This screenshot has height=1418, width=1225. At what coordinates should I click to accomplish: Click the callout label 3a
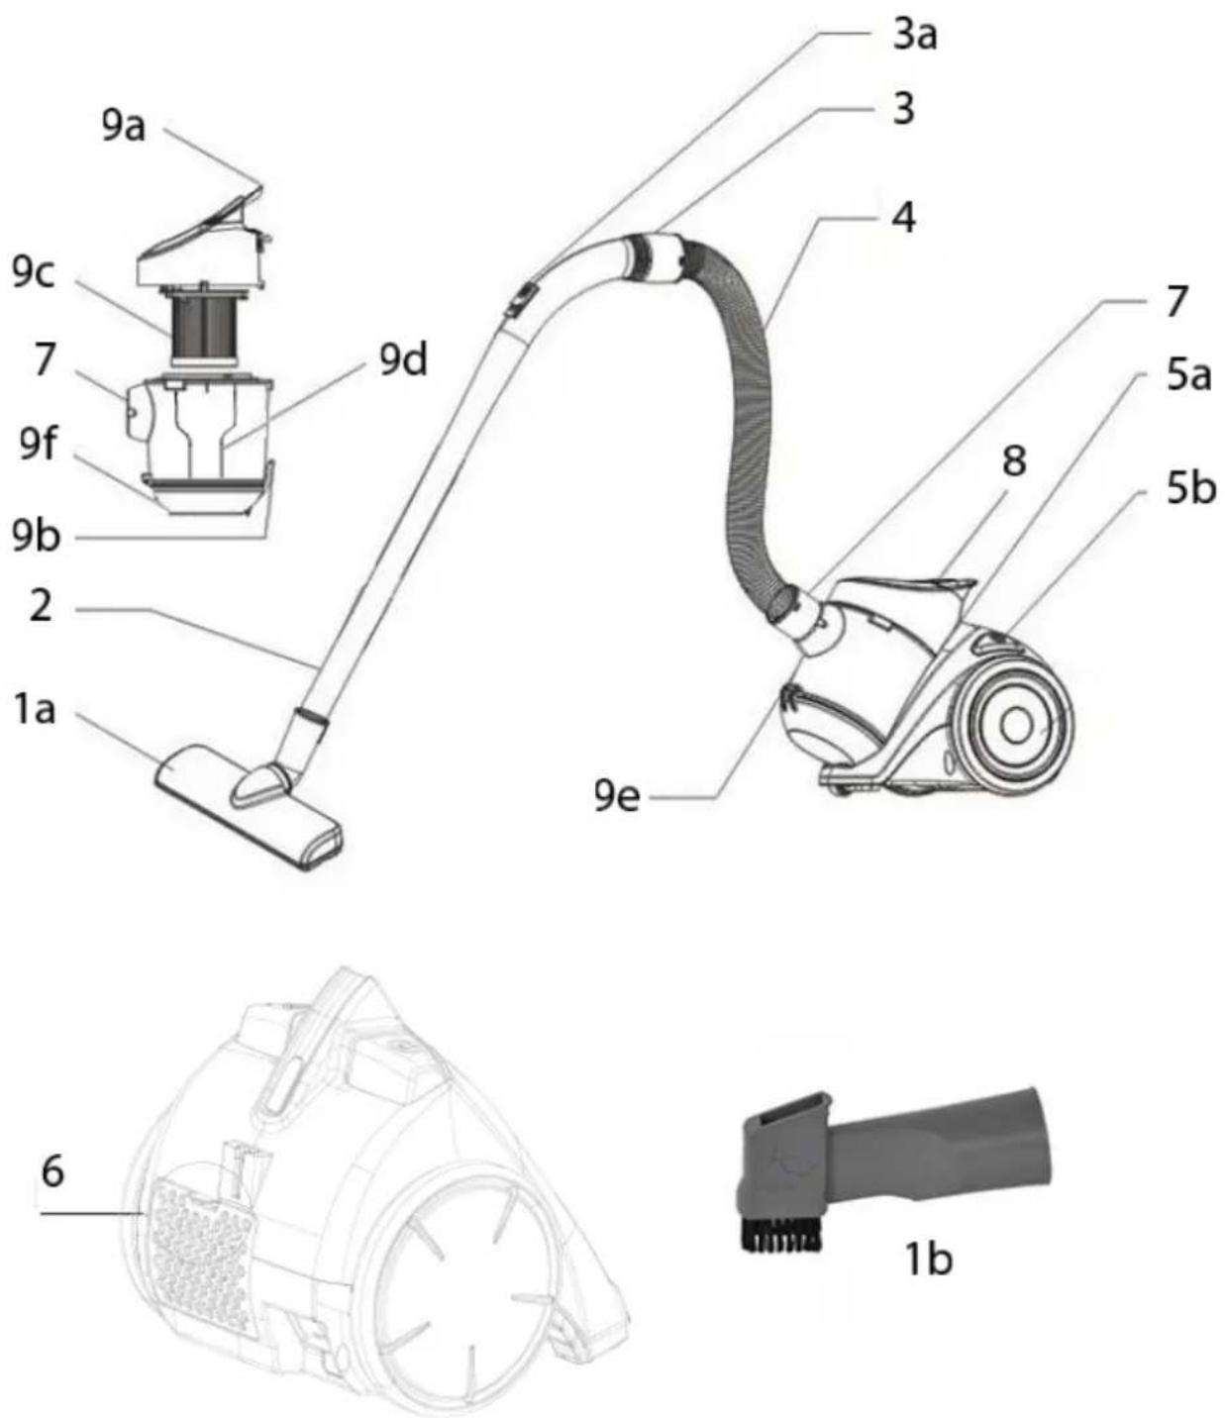point(914,35)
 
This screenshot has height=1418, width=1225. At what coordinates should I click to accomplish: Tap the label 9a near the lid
point(124,126)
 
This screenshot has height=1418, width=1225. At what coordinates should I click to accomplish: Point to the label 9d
point(404,359)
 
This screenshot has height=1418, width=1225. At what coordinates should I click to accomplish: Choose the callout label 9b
point(37,536)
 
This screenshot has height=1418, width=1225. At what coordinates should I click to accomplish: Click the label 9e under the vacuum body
point(617,796)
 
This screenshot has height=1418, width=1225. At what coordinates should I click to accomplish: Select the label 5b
point(1191,488)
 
